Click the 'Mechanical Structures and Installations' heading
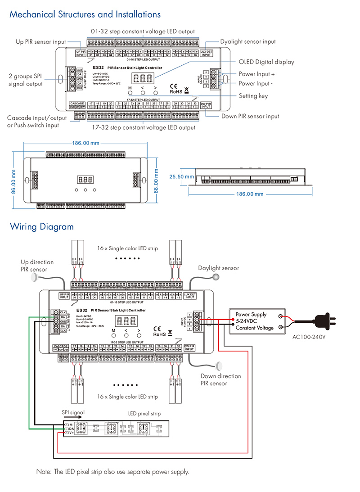(85, 14)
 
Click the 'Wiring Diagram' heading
(42, 226)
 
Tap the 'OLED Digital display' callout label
(266, 62)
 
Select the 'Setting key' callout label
(253, 95)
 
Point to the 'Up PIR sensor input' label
(41, 42)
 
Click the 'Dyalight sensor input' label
(248, 42)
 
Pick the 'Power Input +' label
(256, 74)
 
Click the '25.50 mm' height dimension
(181, 177)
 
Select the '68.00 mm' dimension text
(156, 180)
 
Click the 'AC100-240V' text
(308, 337)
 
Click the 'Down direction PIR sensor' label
(220, 379)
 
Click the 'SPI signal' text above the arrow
(73, 412)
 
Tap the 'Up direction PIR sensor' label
(37, 266)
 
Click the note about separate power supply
(112, 472)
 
